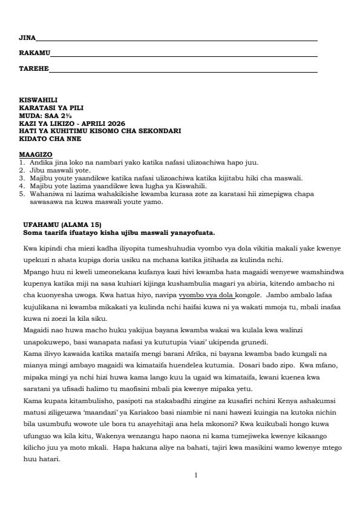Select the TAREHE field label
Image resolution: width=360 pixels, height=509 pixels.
coord(33,69)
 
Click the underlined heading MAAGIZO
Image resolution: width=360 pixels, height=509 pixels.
coord(36,154)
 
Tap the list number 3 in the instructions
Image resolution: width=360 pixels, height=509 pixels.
coord(22,178)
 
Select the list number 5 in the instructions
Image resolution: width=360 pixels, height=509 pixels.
coord(22,195)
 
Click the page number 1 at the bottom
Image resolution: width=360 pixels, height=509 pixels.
coord(195,475)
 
